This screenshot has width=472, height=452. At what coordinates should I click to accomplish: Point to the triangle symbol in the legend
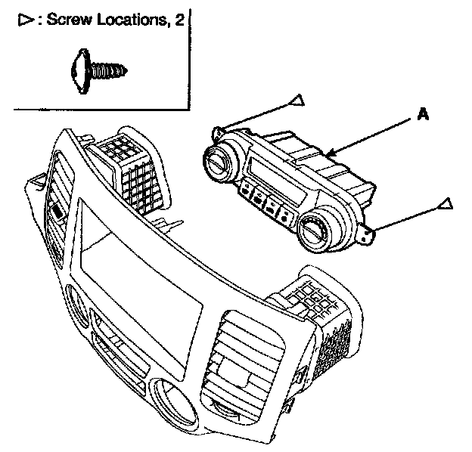(x=21, y=20)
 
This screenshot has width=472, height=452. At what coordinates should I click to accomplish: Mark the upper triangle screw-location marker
(x=298, y=100)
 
